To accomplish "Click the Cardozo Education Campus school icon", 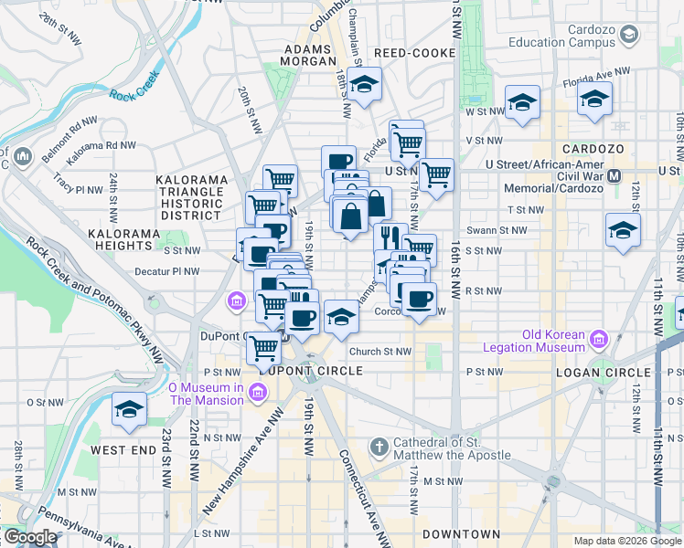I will (x=628, y=35).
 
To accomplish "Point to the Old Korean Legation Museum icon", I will (x=600, y=340).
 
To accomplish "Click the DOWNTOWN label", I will (x=461, y=533).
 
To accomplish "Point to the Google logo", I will (x=29, y=537).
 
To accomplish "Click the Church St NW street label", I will (x=379, y=351).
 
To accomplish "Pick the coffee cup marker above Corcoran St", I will (x=420, y=299).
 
